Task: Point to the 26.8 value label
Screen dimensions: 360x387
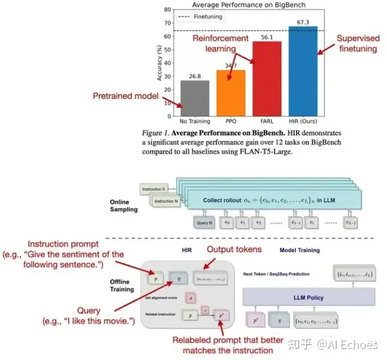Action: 194,76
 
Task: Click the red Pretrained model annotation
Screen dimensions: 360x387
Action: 125,96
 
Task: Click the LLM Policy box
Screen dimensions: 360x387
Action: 309,297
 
